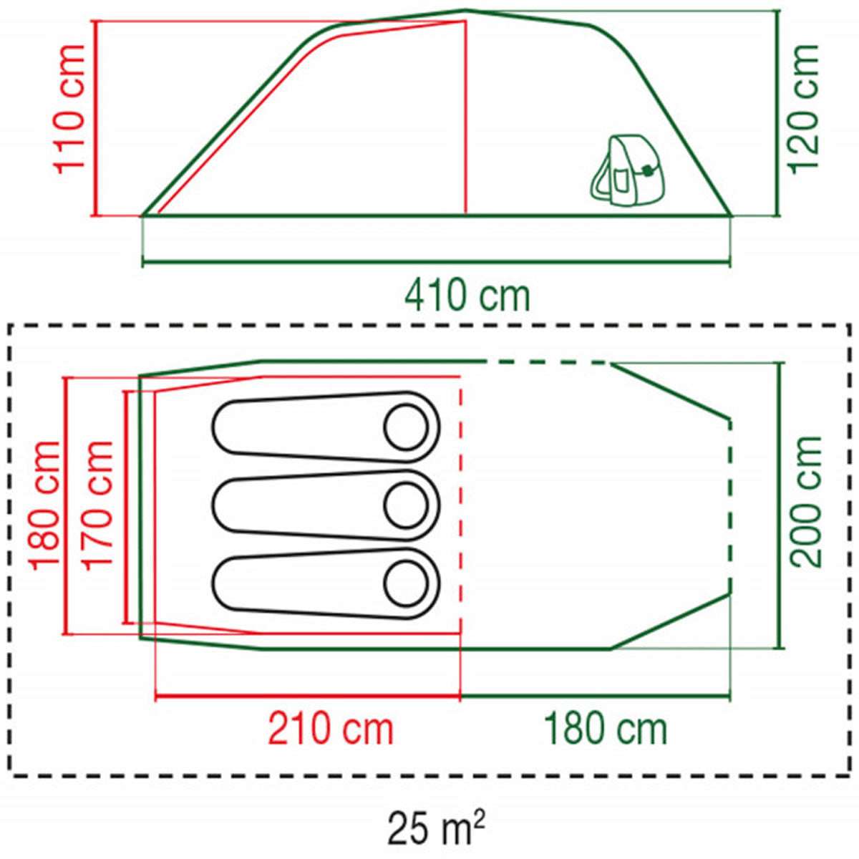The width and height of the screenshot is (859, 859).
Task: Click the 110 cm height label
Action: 69,109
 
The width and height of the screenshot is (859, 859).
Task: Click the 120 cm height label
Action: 804,109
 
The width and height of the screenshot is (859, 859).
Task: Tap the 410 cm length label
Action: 467,296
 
